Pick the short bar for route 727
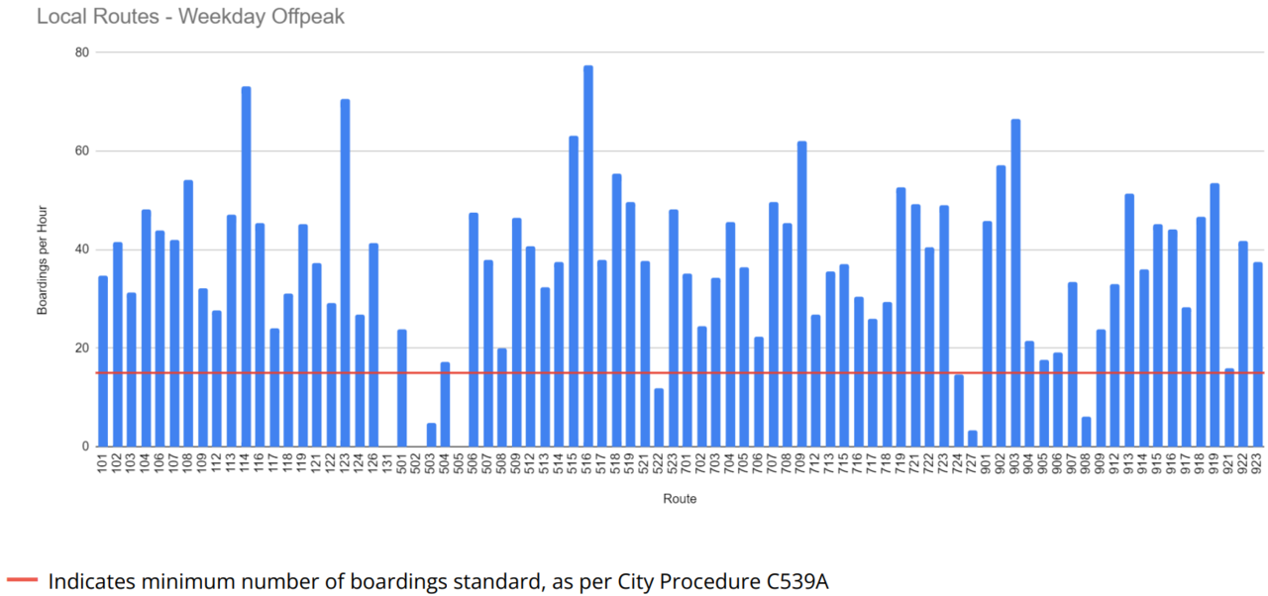coord(973,439)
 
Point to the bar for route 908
coord(1087,432)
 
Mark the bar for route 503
coord(431,435)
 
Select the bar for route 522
coord(659,417)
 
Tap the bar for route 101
coord(103,360)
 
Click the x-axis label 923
coord(1259,466)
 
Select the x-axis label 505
coord(460,466)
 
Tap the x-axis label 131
coord(388,466)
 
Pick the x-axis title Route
coord(680,499)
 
